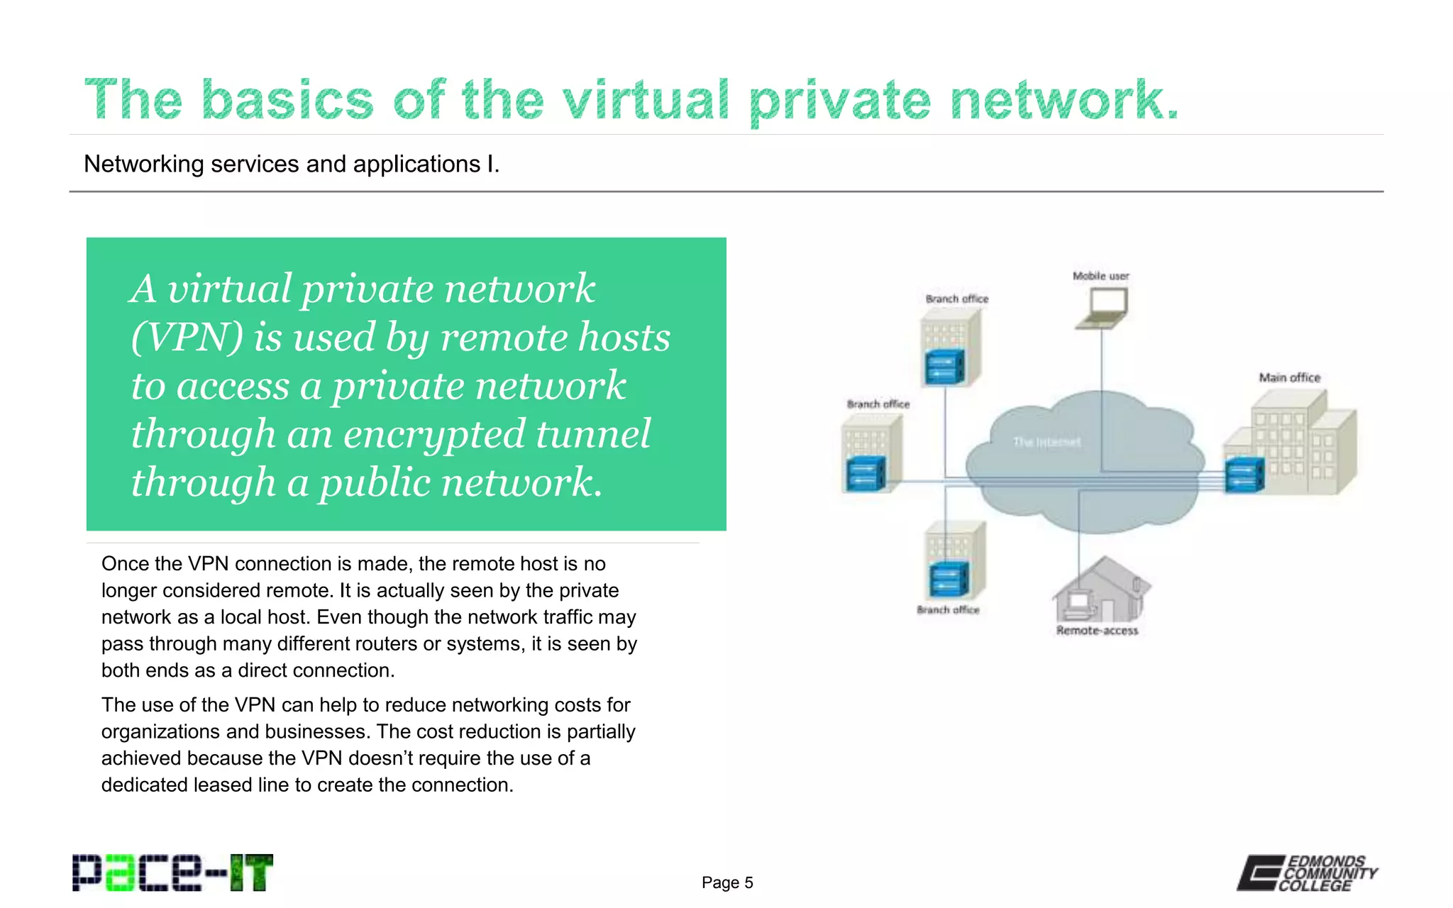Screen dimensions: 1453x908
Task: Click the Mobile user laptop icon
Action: click(1102, 309)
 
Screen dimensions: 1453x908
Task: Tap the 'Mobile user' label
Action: click(1100, 276)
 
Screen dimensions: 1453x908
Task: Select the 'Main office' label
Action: click(1289, 377)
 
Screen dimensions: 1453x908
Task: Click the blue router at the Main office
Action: click(1244, 475)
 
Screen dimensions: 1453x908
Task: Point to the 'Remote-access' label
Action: click(1097, 630)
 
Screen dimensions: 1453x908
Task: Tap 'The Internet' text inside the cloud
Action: click(1046, 442)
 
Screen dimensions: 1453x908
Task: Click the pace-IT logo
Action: click(172, 873)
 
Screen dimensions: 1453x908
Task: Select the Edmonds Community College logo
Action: click(1307, 873)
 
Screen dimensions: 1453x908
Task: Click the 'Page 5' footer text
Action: click(727, 882)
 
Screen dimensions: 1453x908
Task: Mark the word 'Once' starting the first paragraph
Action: click(124, 564)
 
